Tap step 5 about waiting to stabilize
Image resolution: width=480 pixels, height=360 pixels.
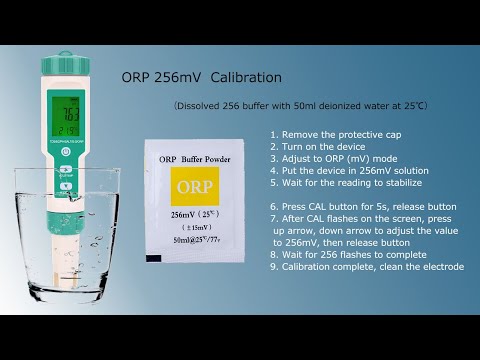346,182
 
